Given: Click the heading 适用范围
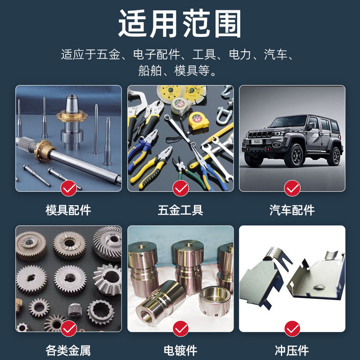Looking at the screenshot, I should [x=180, y=23].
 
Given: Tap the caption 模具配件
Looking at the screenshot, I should [x=68, y=210].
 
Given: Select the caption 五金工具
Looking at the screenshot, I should [x=180, y=210].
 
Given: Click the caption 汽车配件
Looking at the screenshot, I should [x=292, y=210].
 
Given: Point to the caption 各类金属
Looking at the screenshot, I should [x=68, y=350].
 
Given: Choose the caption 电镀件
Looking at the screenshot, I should [x=180, y=350].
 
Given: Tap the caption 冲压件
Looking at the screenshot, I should [x=292, y=350].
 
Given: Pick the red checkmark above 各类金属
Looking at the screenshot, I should [x=68, y=329].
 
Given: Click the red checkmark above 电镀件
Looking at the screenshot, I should [x=180, y=329].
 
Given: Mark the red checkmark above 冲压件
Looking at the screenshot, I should [x=292, y=329].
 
